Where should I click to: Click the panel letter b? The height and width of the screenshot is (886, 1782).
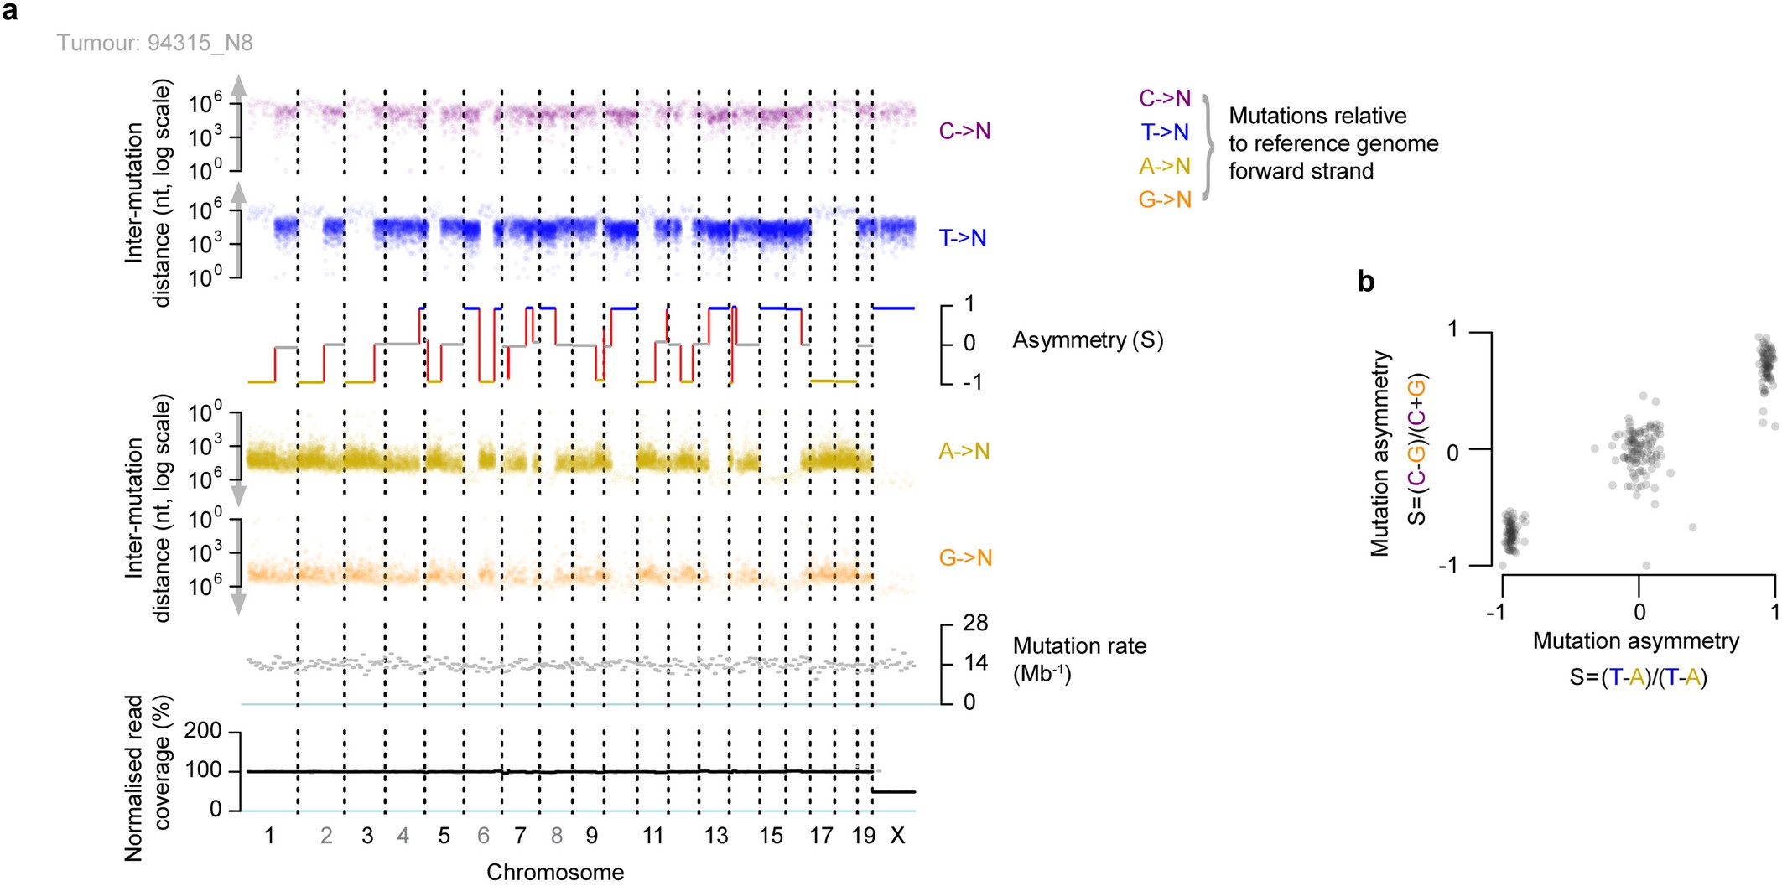(x=1365, y=282)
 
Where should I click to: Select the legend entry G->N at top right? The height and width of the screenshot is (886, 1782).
(x=1165, y=199)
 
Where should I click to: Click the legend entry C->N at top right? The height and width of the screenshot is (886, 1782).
(x=1165, y=98)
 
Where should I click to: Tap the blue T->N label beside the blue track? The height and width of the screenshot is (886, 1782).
(x=963, y=238)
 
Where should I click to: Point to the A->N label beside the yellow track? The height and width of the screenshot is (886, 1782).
(x=964, y=452)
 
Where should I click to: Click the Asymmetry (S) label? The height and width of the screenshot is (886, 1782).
(x=1088, y=340)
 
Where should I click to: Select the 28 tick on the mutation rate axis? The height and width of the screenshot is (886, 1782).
(x=975, y=623)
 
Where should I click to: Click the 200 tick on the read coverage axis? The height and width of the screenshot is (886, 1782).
(x=203, y=731)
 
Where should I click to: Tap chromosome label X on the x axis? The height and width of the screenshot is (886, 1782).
(x=897, y=836)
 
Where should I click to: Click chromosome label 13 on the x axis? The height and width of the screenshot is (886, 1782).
(x=715, y=836)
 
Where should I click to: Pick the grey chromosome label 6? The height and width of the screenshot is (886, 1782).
(x=483, y=836)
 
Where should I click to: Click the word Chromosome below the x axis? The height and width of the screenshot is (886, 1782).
(x=555, y=873)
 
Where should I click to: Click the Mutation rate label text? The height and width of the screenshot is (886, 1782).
(x=1079, y=646)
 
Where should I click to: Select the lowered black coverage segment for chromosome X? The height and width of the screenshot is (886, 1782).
(x=894, y=791)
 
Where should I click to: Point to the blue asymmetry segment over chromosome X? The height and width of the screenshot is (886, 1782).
(x=893, y=308)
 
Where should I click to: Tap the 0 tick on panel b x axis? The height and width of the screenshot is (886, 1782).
(x=1639, y=612)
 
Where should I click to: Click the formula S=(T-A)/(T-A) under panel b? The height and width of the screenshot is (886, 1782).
(x=1638, y=677)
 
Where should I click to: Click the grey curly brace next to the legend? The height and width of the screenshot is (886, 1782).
(x=1208, y=148)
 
